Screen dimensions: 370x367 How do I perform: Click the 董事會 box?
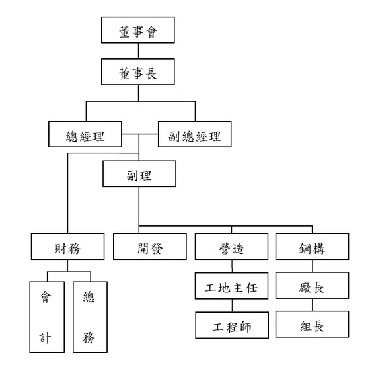pos(138,30)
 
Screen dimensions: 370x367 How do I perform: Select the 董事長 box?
pos(138,72)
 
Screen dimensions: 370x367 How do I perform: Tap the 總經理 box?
pos(85,134)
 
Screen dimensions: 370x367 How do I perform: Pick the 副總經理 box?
pos(195,134)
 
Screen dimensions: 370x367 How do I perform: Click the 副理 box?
pos(139,174)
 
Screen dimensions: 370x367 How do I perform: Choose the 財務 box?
pos(67,247)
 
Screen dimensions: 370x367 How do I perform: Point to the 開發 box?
pos(150,247)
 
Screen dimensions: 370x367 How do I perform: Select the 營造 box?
pos(231,247)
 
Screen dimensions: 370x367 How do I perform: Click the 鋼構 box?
pos(312,247)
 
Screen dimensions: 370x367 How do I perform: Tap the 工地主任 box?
pos(231,286)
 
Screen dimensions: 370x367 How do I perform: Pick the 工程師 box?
pos(232,325)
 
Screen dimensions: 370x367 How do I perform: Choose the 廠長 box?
pos(312,285)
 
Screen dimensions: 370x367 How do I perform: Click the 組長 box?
pos(312,324)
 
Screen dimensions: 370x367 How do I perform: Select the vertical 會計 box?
pos(47,317)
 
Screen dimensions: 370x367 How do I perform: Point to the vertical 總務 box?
pos(90,317)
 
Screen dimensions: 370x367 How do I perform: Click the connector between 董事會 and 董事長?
pos(138,51)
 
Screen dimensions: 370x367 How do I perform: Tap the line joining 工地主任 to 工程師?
pos(232,306)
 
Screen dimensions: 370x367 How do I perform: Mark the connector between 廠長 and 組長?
pos(313,305)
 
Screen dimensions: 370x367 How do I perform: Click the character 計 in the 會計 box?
pos(45,338)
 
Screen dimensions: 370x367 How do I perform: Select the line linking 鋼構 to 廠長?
pos(313,266)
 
